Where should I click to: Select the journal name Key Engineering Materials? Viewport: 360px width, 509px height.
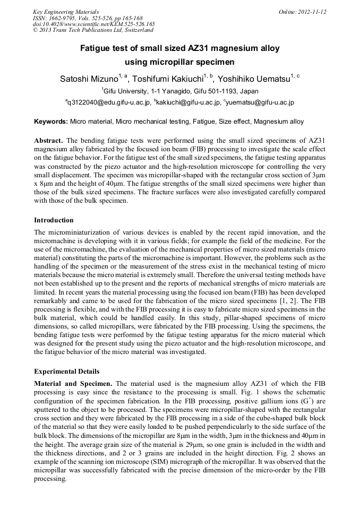(x=65, y=12)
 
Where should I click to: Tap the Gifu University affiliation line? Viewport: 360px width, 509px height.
(x=180, y=91)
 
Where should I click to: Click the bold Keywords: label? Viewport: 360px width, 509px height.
(x=51, y=122)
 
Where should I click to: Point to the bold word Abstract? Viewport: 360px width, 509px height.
(x=49, y=140)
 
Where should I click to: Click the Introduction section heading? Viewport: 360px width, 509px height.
(x=54, y=220)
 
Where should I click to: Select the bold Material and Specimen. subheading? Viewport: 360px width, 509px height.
(x=73, y=383)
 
